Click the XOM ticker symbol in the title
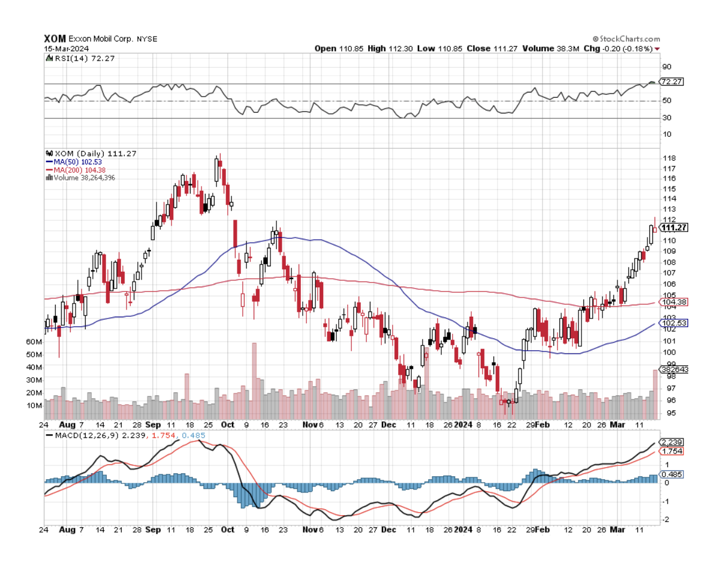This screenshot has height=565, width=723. (x=55, y=38)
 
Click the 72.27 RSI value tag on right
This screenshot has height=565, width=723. (x=671, y=82)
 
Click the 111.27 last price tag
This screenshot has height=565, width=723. (x=673, y=227)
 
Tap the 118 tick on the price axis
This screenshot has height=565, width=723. (x=664, y=158)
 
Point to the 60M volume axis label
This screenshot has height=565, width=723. (x=34, y=341)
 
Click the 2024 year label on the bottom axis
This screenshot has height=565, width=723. (x=463, y=530)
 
